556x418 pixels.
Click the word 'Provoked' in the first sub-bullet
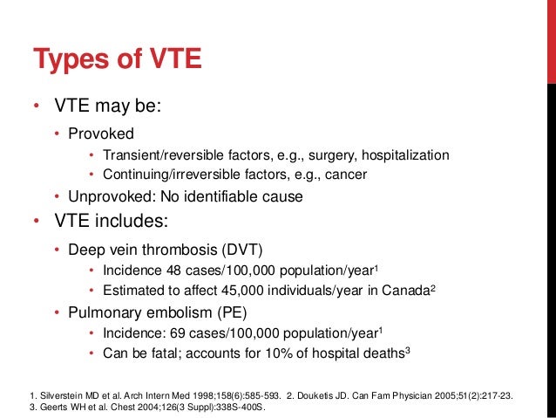98,134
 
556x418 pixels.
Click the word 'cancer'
346,175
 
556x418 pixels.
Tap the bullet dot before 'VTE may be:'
37,108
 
